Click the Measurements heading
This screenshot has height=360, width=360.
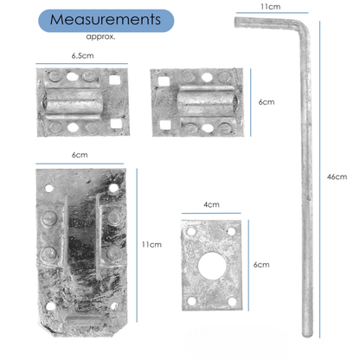pos(104,20)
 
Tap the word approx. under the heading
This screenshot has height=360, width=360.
pos(101,37)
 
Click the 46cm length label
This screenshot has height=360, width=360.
pos(337,177)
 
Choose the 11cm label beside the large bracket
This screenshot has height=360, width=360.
pos(152,245)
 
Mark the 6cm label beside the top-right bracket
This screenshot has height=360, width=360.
pos(267,102)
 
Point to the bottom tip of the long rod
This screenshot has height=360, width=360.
pos(302,336)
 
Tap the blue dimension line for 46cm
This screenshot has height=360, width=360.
pos(321,177)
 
